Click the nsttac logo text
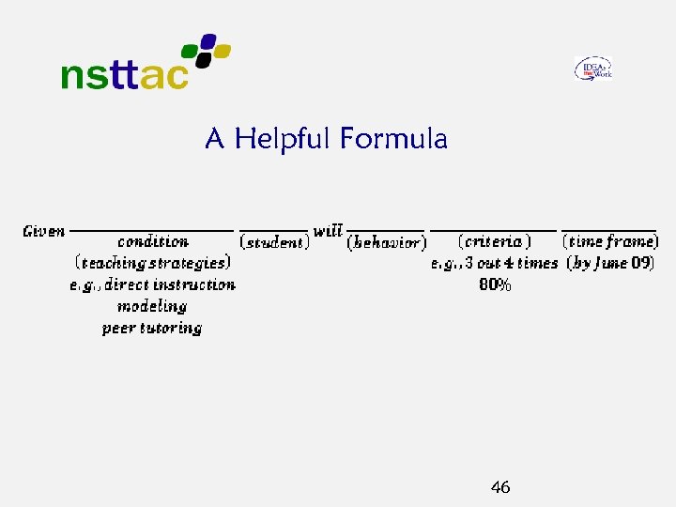124,75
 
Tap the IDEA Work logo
593,69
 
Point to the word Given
44,231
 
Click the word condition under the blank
153,242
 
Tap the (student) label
275,242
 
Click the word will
328,230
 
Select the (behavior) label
387,242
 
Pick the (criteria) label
494,242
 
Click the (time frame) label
611,242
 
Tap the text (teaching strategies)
153,263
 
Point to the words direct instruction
170,284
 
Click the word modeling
152,306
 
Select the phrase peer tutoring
152,328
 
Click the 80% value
496,284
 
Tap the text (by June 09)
611,263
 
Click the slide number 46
500,487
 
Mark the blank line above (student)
274,230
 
